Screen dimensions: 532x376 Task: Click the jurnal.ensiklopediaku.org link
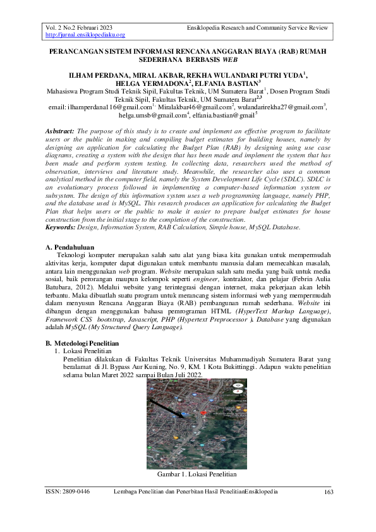85,35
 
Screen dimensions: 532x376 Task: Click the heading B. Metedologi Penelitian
87,342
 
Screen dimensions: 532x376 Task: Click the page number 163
328,492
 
